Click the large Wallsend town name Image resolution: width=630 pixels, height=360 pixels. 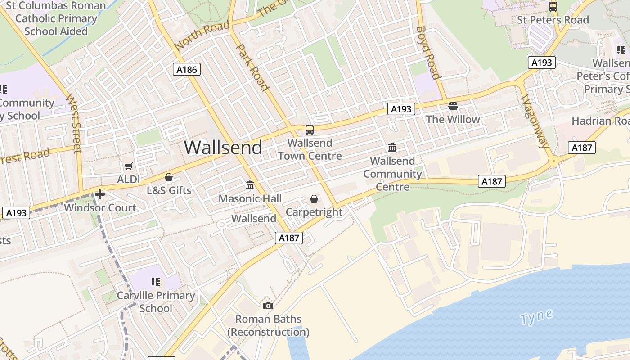[x=223, y=147]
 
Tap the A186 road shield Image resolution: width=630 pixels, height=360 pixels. [x=186, y=69]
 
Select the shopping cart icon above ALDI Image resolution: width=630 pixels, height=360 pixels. [x=128, y=166]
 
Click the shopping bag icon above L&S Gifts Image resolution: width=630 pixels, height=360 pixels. [x=169, y=177]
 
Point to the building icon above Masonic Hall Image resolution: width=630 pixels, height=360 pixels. [x=250, y=185]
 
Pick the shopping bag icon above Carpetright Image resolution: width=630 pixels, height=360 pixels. [x=314, y=199]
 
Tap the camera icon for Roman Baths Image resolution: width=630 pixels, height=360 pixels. [x=268, y=306]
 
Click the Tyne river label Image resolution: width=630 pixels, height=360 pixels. [x=536, y=317]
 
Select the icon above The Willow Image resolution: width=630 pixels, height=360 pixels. [x=453, y=106]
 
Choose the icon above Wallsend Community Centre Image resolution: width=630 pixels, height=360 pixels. [x=392, y=148]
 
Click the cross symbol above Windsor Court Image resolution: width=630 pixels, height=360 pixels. [x=100, y=194]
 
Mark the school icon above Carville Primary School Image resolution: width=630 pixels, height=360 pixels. [x=156, y=282]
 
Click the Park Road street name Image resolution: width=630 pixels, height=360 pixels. [x=252, y=67]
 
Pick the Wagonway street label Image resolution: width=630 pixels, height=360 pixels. [x=535, y=121]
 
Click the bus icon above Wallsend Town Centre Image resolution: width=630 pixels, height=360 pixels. [x=310, y=130]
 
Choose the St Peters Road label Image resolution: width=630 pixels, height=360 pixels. [x=553, y=20]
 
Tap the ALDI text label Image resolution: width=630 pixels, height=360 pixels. [x=128, y=180]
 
